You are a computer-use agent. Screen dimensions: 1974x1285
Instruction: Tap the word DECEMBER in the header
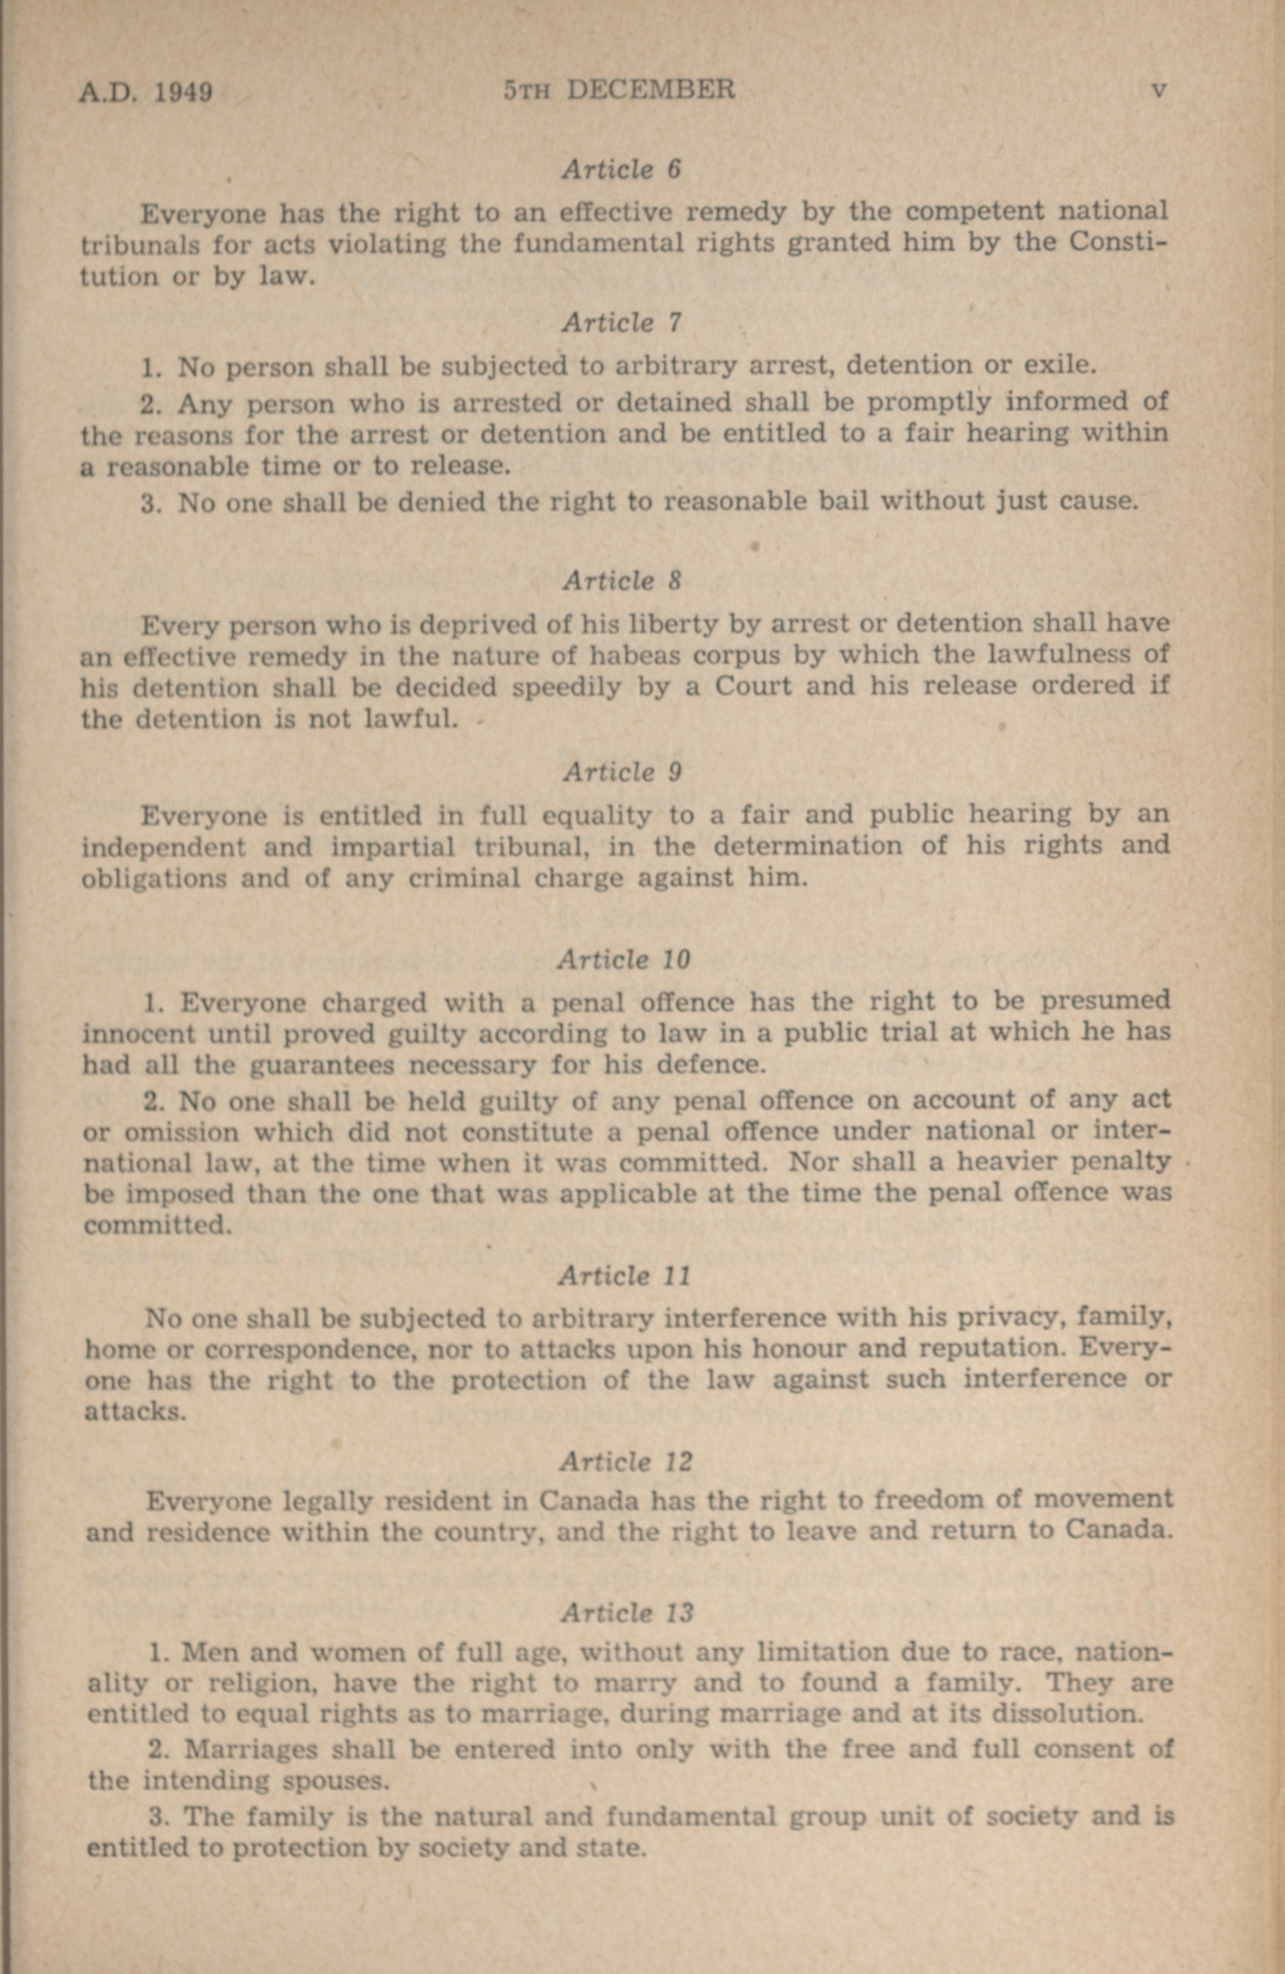pyautogui.click(x=650, y=90)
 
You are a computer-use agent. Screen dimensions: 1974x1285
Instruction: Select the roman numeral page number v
pyautogui.click(x=1160, y=90)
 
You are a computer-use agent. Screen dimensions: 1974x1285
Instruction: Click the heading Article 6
pyautogui.click(x=622, y=170)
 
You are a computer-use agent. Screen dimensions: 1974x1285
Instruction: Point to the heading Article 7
pyautogui.click(x=622, y=323)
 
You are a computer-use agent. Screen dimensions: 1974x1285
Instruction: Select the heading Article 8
pyautogui.click(x=622, y=580)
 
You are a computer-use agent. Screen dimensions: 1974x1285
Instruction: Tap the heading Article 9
pyautogui.click(x=622, y=772)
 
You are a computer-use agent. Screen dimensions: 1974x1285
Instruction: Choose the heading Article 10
pyautogui.click(x=623, y=960)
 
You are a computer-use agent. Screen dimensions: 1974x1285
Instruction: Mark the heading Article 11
pyautogui.click(x=624, y=1275)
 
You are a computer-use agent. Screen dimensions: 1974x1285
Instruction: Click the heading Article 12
pyautogui.click(x=625, y=1460)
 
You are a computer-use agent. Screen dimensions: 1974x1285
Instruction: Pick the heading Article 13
pyautogui.click(x=626, y=1613)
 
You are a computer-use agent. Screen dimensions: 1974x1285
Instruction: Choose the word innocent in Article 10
pyautogui.click(x=138, y=1034)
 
